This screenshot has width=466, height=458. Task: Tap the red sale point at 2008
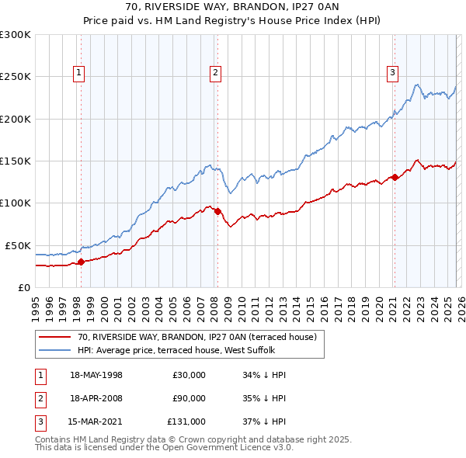217,211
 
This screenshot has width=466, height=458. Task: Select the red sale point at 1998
81,262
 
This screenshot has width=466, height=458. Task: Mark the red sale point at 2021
395,177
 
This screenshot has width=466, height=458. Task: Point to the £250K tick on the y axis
16,77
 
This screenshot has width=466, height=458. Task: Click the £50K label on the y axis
19,245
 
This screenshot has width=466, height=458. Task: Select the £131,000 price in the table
186,422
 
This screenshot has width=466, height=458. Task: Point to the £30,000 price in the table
189,375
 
